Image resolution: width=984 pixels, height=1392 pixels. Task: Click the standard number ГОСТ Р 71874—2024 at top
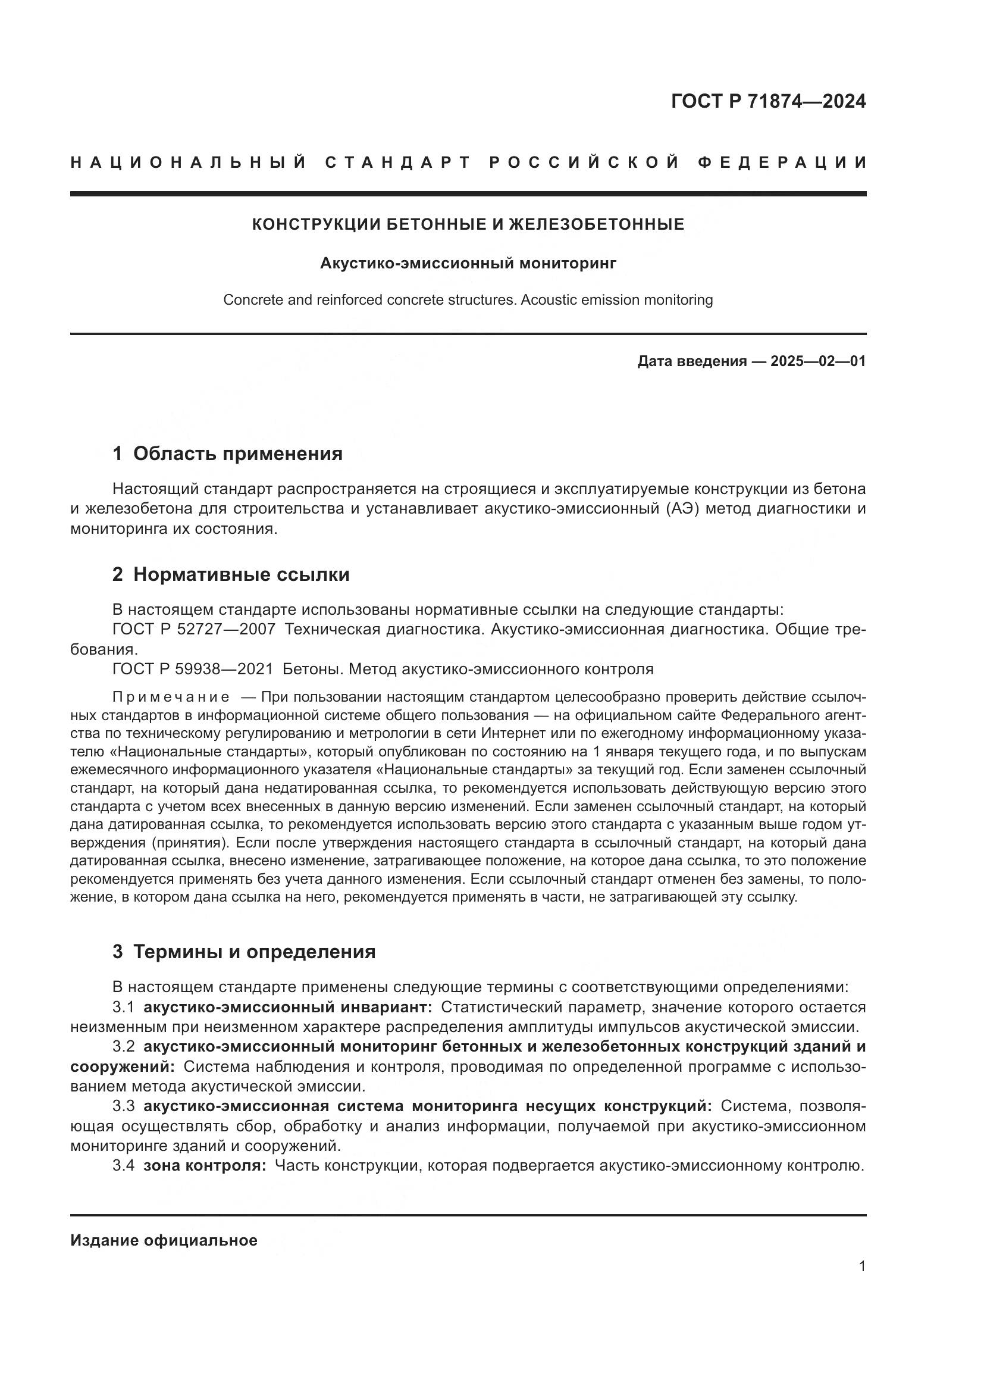click(768, 101)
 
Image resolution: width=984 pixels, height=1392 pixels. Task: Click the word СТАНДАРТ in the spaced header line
click(397, 162)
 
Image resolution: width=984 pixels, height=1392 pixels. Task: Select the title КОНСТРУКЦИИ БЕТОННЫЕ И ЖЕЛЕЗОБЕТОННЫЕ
click(468, 224)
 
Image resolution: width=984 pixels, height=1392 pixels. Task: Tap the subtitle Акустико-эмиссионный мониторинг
click(468, 263)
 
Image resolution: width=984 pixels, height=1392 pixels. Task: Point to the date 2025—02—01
click(818, 361)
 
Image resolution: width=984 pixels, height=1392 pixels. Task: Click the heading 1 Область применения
click(228, 453)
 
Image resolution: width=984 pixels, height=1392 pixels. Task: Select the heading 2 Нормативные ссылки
click(231, 574)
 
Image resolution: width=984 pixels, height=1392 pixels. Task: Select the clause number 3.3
click(124, 1106)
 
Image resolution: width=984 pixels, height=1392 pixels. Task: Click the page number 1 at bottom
click(862, 1266)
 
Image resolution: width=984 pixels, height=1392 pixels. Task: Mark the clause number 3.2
click(124, 1047)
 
